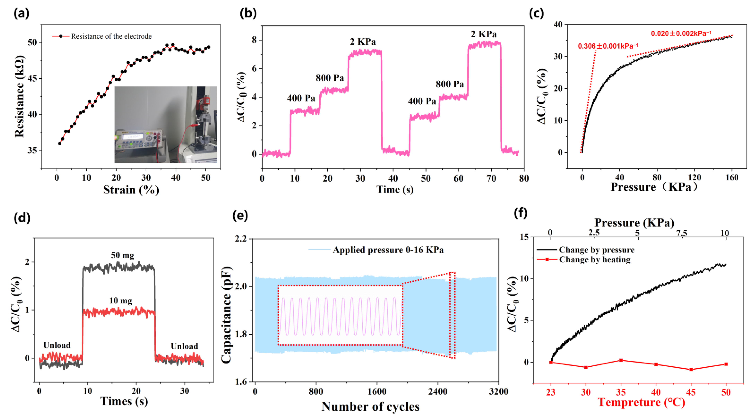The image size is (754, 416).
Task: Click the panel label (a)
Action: coord(21,13)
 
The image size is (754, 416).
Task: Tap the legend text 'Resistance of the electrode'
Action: coord(111,36)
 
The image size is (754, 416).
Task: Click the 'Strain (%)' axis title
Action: coord(131,190)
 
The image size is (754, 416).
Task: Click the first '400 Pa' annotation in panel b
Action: coord(301,98)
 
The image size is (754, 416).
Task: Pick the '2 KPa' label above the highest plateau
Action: coord(484,34)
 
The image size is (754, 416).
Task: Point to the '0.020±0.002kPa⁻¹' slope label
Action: coord(681,33)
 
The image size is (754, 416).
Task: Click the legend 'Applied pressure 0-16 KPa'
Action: coord(388,250)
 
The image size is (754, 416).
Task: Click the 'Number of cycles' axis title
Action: coord(370,406)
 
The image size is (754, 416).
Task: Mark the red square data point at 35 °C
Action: coord(621,360)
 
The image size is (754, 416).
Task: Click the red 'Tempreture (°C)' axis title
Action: coord(641,402)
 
